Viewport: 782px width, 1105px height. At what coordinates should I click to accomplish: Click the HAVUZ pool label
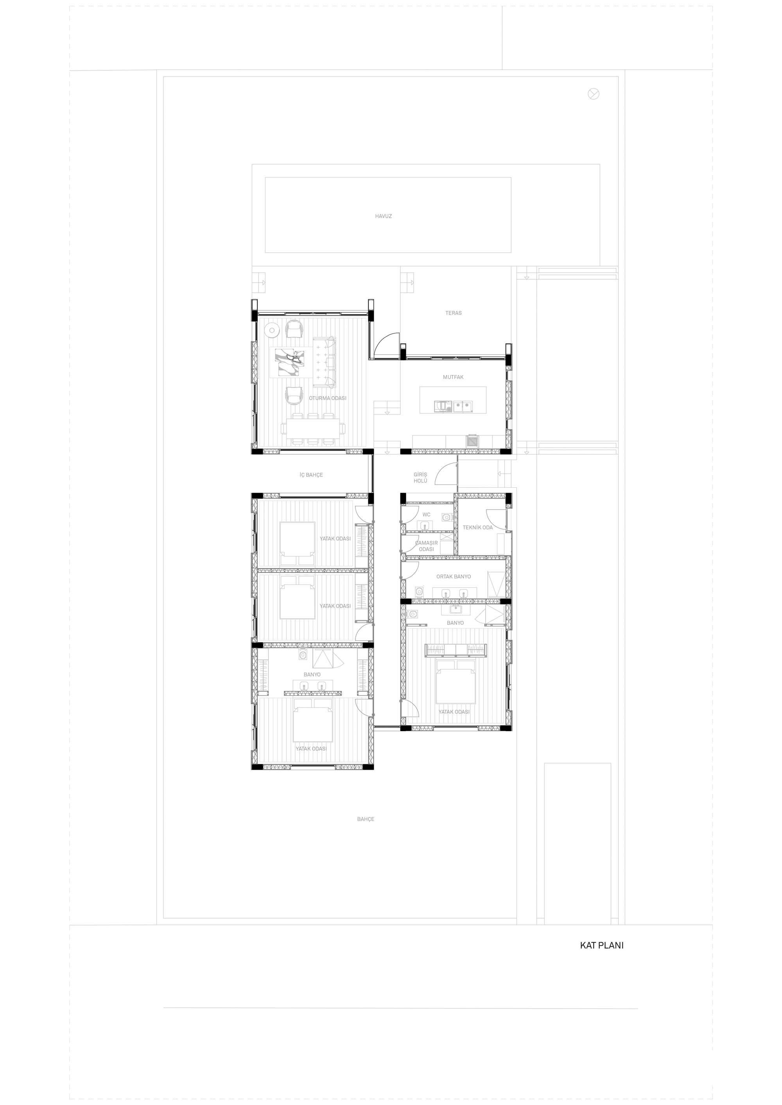(383, 216)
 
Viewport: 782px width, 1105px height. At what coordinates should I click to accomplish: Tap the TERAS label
(453, 313)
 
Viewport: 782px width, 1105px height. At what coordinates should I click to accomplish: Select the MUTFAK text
(453, 377)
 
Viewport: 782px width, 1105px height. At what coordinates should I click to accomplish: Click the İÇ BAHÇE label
(311, 475)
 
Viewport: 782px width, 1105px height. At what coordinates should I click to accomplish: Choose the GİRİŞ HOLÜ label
(420, 477)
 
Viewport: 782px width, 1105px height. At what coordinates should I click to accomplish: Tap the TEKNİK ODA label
(478, 527)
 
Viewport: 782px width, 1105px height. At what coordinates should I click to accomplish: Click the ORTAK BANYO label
(454, 577)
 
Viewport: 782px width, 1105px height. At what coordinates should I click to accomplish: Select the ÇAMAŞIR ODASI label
(427, 546)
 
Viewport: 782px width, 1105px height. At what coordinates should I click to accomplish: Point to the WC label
(426, 515)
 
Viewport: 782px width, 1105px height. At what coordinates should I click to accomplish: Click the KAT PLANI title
(601, 945)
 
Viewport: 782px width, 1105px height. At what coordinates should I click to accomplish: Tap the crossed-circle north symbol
(594, 94)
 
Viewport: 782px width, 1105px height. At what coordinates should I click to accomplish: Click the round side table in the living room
(273, 330)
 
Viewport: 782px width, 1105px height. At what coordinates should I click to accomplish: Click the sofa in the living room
(325, 362)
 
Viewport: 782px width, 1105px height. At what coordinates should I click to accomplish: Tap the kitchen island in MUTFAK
(453, 399)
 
